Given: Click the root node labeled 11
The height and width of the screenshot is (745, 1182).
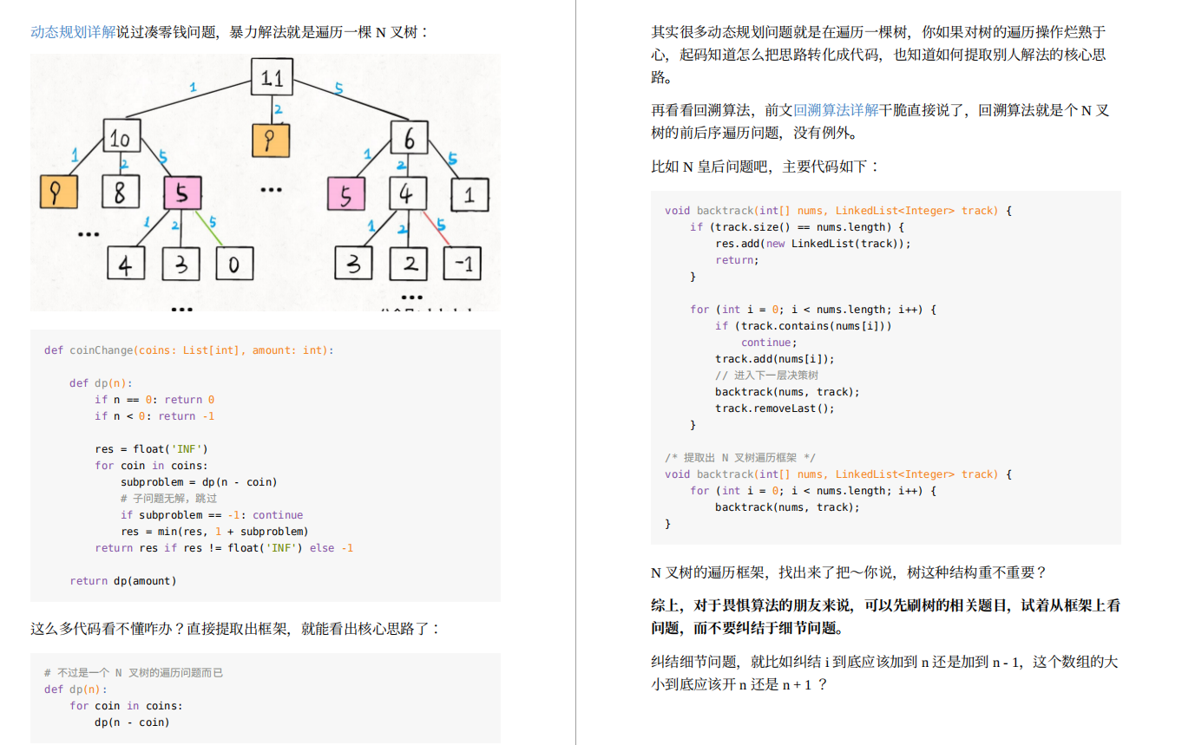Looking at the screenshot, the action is coord(272,77).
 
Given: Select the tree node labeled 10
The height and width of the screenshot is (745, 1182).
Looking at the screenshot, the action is coord(121,136).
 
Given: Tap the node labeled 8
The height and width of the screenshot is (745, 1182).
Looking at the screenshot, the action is coord(121,192).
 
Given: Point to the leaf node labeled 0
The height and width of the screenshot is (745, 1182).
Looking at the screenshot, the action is coord(235,264).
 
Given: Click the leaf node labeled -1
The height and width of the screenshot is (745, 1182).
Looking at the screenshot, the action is coord(463,263).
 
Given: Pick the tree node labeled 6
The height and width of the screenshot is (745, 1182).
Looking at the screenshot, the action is coord(409,138).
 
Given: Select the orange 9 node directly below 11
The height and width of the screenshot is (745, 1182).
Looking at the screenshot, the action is coord(271,141).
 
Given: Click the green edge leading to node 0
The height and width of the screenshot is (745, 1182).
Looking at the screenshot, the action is coord(209,229).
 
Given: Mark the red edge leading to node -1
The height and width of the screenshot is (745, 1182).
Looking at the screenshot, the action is coord(436,229).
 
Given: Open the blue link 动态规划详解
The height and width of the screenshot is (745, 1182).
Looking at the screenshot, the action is coord(73,32).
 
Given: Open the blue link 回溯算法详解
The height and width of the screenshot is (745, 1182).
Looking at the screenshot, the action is coord(836,110).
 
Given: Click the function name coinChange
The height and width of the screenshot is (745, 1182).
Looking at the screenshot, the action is coord(102,350).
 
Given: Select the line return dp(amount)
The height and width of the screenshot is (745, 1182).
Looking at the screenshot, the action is coord(123,580).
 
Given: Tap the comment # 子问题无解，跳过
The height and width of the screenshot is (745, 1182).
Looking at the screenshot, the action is coord(168,498).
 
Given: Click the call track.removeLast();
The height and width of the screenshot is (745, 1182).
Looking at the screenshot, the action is coord(775,408).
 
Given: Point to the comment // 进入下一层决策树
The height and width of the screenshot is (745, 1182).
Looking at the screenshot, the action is coord(766,375).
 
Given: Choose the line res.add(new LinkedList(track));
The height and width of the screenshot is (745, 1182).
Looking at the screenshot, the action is coord(813,244).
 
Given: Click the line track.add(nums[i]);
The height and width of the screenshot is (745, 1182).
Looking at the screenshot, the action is coord(775,359).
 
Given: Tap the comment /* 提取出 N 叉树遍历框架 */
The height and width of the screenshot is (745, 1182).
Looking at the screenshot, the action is coord(739,457).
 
